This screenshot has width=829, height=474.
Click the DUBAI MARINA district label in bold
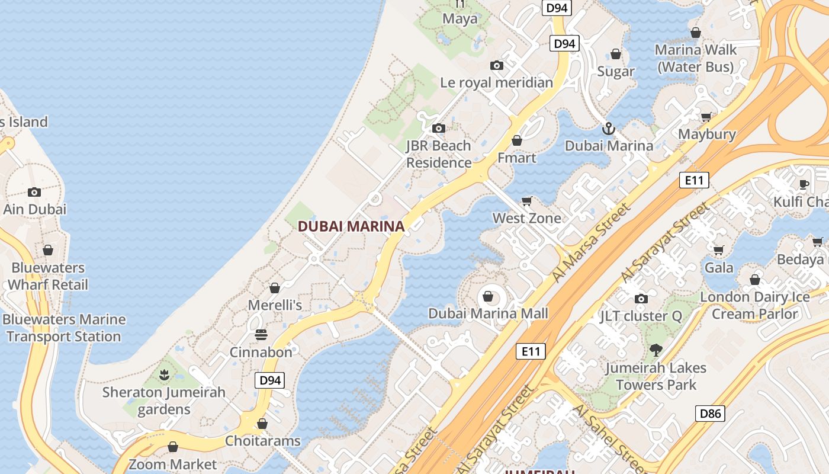351,226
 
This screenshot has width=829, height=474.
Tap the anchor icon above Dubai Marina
608,128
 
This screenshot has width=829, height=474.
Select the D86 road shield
710,413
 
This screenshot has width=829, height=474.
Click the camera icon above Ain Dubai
34,192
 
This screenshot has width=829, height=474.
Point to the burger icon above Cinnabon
261,335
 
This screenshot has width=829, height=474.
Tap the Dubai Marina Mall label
488,313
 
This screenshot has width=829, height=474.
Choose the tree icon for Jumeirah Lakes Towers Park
656,350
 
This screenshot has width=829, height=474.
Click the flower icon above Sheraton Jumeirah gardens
164,374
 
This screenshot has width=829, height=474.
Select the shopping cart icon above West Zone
526,201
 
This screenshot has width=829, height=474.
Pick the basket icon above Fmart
517,141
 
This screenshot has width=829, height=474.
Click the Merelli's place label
275,305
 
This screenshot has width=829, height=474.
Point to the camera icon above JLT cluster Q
641,299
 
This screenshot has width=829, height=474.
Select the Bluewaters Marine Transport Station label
64,328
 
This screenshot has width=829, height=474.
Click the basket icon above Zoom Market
173,447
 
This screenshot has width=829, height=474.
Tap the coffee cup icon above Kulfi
804,184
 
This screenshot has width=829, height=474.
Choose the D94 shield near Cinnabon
270,380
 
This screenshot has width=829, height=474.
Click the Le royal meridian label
496,82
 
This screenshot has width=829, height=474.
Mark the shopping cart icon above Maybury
706,117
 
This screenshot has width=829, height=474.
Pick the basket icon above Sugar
616,55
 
